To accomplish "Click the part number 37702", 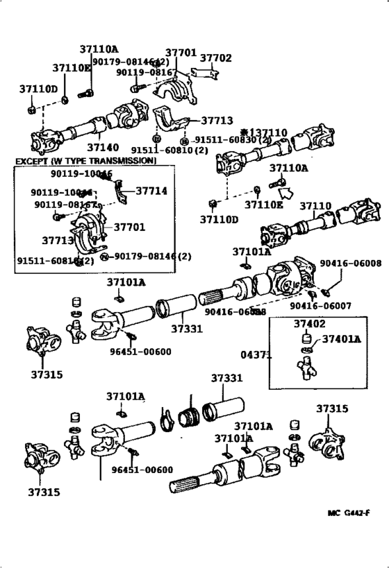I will [216, 59].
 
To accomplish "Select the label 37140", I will [102, 148].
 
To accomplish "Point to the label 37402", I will [308, 324].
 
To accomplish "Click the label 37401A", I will [342, 339].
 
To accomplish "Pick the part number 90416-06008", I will [351, 264].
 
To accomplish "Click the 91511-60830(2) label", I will [225, 139].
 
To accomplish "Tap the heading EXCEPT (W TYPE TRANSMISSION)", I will [85, 161].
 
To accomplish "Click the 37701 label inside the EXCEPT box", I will [130, 227].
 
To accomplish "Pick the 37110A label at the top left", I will [99, 49].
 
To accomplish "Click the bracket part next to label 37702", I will [201, 72].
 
